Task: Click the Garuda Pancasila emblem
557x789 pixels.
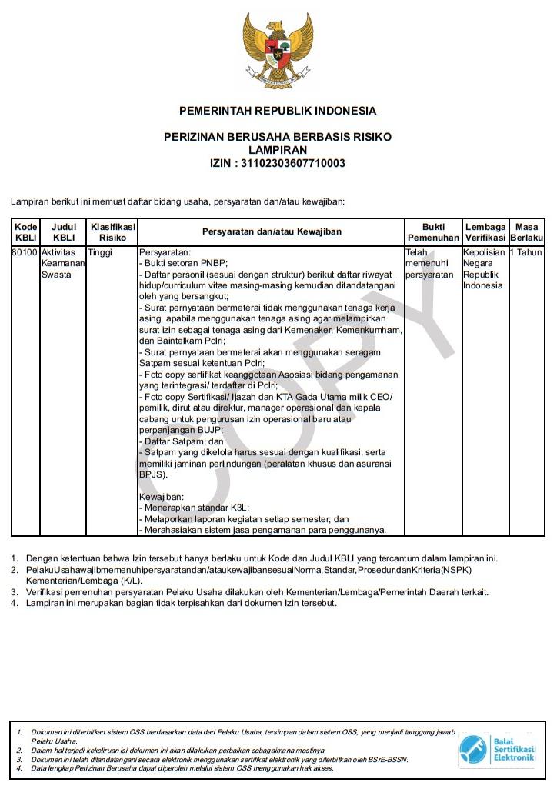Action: coord(278,51)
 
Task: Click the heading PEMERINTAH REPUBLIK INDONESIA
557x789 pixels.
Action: coord(278,111)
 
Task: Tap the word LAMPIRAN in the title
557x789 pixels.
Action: coord(278,150)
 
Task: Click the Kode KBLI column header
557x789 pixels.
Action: coord(25,232)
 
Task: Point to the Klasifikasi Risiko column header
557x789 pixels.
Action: coord(112,232)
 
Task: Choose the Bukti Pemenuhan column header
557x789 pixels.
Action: coord(433,232)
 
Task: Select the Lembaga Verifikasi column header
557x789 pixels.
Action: coord(485,232)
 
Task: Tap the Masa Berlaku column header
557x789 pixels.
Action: coord(526,232)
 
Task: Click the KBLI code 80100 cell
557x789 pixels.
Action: coord(25,252)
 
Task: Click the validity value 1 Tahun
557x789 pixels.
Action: coord(526,252)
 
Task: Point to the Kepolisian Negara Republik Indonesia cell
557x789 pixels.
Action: coord(484,268)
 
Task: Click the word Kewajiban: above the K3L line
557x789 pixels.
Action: coord(161,497)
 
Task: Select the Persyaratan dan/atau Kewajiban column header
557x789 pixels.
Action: coord(272,231)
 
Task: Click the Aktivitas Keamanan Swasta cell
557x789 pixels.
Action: coord(62,263)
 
